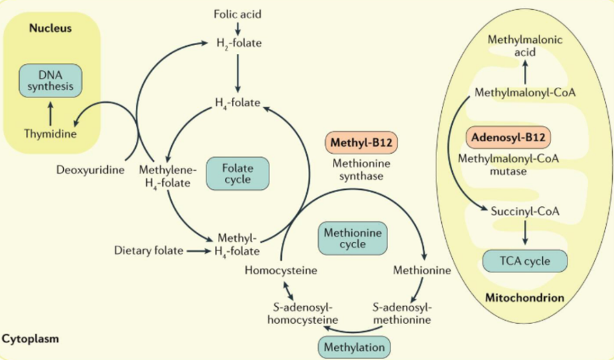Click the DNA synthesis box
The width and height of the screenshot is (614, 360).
(x=51, y=80)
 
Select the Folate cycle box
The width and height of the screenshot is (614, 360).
(x=237, y=173)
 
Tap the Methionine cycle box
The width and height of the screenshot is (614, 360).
(x=352, y=238)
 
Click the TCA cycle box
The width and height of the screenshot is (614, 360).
(x=525, y=261)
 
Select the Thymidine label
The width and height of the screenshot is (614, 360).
(x=50, y=133)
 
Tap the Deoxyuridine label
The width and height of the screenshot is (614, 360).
(x=91, y=169)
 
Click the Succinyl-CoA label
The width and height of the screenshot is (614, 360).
(x=525, y=212)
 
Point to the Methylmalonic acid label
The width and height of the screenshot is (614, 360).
(x=525, y=46)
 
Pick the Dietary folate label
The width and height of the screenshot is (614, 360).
(x=149, y=250)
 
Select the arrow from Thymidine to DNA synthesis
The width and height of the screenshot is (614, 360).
(x=50, y=113)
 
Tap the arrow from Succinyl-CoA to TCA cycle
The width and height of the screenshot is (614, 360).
(x=525, y=233)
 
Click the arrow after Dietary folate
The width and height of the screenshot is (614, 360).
(x=197, y=250)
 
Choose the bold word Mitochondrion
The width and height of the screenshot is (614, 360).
(x=525, y=298)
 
